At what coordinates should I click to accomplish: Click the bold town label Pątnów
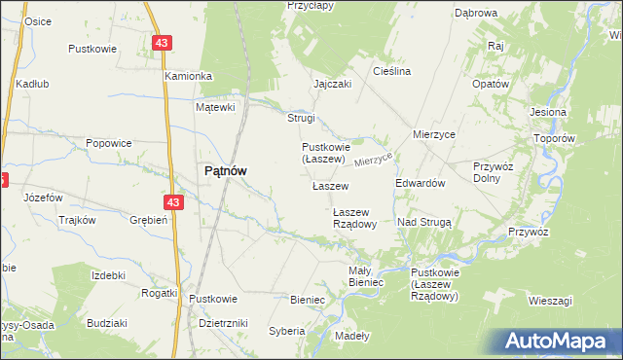tap(224, 170)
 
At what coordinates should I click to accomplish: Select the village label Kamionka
tap(188, 76)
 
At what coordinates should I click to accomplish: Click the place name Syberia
tap(287, 331)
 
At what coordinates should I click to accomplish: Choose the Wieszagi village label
tap(551, 301)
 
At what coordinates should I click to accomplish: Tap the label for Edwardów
tap(421, 183)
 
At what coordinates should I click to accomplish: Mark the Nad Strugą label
tap(424, 222)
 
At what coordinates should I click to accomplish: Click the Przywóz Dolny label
tap(492, 171)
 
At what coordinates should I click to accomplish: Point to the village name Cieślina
tap(392, 71)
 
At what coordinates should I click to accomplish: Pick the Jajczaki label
tap(332, 84)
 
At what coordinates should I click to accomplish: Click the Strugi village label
tap(301, 118)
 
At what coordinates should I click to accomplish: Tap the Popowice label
tap(108, 143)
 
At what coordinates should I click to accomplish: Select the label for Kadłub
tap(32, 84)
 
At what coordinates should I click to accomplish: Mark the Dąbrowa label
tap(476, 14)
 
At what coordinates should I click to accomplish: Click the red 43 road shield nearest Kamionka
tap(163, 43)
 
